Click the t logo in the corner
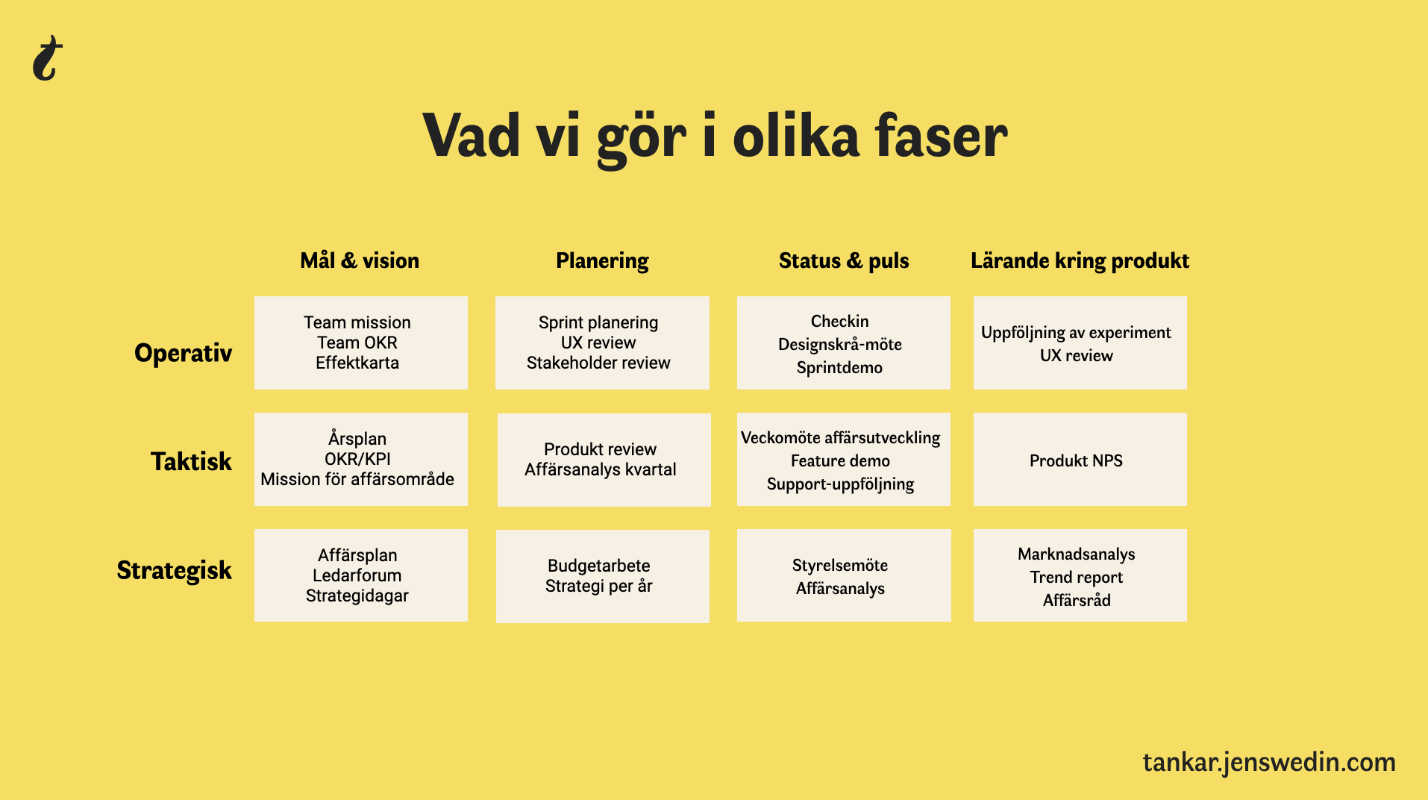pos(48,57)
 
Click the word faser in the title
pos(941,137)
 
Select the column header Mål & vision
pos(360,260)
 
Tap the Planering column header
pos(602,261)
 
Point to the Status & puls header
pos(844,260)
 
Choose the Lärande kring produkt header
pos(1080,260)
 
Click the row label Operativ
pos(184,353)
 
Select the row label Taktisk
pos(192,461)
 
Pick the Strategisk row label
pos(175,571)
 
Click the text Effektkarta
pos(357,363)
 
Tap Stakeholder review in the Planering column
pos(598,363)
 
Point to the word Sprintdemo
pos(839,368)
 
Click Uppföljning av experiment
pos(1076,333)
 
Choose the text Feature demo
pos(840,461)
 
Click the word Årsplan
pos(357,438)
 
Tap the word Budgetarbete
pos(598,566)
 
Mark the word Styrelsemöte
pos(840,566)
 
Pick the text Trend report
pos(1077,578)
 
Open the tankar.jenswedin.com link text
pos(1269,763)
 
